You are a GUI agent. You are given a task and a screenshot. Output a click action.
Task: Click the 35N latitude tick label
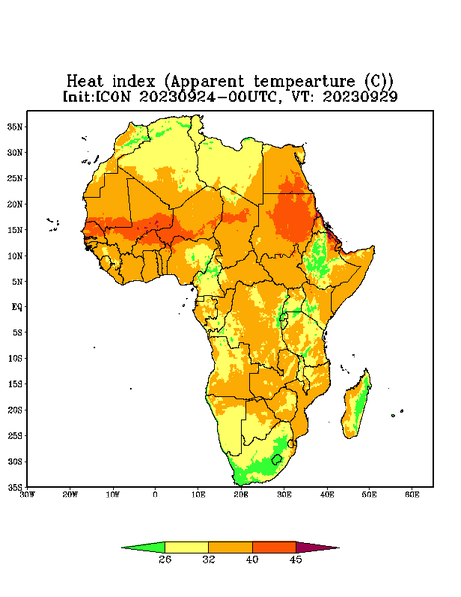pos(15,127)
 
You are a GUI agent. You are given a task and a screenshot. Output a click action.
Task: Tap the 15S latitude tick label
pos(15,384)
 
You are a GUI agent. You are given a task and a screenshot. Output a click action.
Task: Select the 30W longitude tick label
pos(27,495)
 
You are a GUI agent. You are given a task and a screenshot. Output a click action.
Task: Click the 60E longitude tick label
pos(412,495)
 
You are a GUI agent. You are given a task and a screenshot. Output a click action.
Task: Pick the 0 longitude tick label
pos(155,495)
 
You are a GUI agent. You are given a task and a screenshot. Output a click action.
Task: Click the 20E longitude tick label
pos(241,495)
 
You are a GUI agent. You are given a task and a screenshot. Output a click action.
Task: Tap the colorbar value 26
pos(165,559)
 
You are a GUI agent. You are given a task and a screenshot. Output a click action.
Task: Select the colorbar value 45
pos(296,559)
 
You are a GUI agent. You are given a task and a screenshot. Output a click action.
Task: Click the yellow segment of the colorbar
pos(186,547)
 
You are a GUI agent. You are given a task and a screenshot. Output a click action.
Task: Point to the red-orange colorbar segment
pos(274,547)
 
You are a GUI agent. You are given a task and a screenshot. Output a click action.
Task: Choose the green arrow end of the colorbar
pos(143,547)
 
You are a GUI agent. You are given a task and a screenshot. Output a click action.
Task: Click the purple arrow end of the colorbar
pos(318,547)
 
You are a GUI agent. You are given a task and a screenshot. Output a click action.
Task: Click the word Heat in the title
pos(85,82)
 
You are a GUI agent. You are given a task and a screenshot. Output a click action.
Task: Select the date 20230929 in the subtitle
pos(360,97)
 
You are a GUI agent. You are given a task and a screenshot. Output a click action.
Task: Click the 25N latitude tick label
pos(15,178)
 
